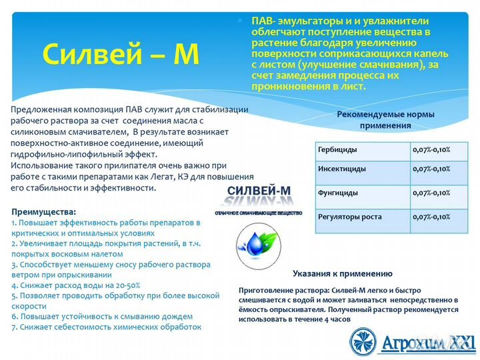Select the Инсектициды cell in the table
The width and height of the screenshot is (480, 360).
342,169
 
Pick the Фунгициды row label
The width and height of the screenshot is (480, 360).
338,193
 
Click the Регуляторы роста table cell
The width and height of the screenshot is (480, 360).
351,217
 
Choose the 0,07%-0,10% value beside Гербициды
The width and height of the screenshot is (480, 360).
431,149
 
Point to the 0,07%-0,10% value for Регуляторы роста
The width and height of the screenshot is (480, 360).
431,217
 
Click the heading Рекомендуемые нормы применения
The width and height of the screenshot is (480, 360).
385,119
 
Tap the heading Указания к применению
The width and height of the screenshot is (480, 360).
343,273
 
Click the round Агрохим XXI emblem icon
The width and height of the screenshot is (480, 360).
364,341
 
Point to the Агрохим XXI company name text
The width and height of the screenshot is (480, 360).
427,343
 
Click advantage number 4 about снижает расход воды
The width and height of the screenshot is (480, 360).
66,285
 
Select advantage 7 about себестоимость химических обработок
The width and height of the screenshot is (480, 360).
106,327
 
